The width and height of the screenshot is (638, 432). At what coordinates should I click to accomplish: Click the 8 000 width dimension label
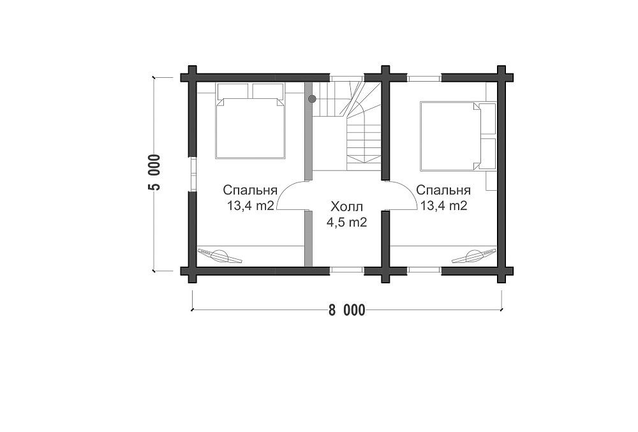pos(346,310)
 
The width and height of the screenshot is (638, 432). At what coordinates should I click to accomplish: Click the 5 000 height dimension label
pos(155,172)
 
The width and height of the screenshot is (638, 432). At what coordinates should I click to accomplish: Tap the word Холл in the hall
pos(346,207)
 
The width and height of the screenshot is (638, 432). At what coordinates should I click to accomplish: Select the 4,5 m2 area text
pos(346,222)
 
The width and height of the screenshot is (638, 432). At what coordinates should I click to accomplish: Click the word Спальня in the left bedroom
pos(250,190)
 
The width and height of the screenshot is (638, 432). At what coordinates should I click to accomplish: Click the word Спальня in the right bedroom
pos(443,190)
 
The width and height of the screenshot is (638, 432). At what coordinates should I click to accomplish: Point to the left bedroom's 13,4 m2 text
pos(250,205)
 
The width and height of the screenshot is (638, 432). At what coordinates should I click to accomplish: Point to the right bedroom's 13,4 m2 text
pos(443,205)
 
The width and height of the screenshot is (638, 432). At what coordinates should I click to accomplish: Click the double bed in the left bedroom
pos(249,121)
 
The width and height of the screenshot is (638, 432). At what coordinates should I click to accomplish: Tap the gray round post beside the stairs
pos(312,98)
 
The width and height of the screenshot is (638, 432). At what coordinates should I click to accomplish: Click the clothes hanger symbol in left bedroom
pos(220,255)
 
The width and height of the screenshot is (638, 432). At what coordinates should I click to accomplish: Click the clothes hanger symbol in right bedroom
pos(474,255)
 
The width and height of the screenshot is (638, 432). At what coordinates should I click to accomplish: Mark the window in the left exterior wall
pos(193,174)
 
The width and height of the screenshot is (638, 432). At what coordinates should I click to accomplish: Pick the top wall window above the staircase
pos(346,78)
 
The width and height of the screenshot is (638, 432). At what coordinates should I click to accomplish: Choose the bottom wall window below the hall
pos(346,270)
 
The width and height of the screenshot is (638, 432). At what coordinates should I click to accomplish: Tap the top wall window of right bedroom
pos(424,78)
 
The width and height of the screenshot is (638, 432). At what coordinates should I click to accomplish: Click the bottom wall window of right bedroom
pos(424,270)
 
